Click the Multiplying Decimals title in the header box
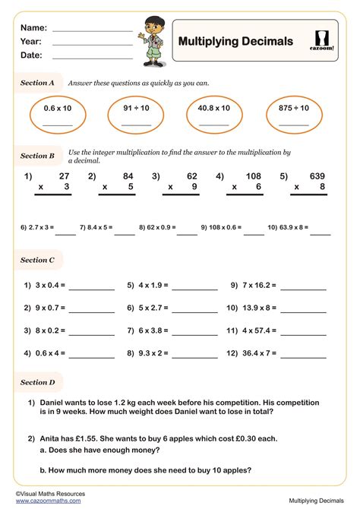pyautogui.click(x=235, y=41)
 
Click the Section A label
pyautogui.click(x=37, y=83)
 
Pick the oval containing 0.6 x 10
pyautogui.click(x=57, y=115)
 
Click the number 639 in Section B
pyautogui.click(x=316, y=176)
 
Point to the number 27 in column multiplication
pyautogui.click(x=64, y=176)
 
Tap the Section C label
pyautogui.click(x=37, y=260)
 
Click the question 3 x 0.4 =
pyautogui.click(x=45, y=286)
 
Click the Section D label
pyautogui.click(x=37, y=383)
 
